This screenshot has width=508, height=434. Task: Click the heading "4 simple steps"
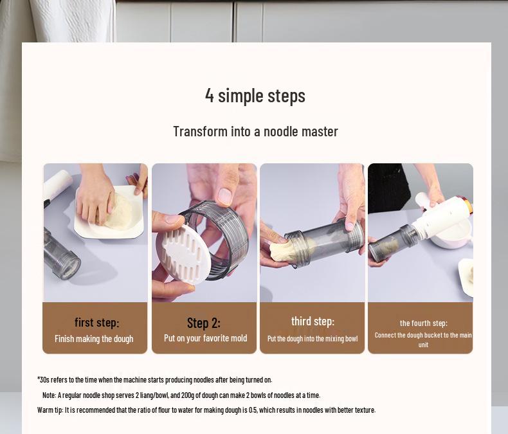(x=255, y=96)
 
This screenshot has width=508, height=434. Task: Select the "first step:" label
(x=97, y=323)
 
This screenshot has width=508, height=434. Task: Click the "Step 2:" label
(x=204, y=323)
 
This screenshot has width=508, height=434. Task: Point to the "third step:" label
(x=313, y=321)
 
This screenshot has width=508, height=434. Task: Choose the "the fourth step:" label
(x=424, y=323)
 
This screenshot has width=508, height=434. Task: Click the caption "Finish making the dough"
(x=94, y=339)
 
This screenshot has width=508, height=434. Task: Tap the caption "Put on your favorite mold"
(x=205, y=338)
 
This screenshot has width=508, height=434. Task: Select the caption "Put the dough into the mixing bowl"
(x=313, y=339)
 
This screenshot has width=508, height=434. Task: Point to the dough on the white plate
(x=118, y=211)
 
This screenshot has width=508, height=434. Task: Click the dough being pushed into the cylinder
(x=285, y=249)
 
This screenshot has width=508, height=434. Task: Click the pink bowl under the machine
(x=452, y=236)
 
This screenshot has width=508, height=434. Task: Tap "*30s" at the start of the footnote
(x=44, y=379)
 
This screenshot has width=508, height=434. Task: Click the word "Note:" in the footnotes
(x=50, y=395)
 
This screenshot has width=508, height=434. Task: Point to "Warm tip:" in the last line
(x=50, y=410)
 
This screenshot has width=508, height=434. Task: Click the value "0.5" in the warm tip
(x=253, y=410)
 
